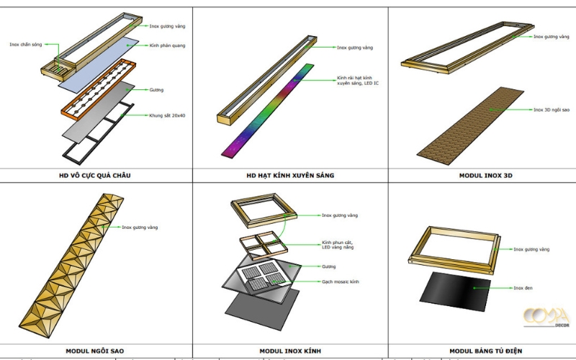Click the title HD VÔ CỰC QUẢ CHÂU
coord(96,175)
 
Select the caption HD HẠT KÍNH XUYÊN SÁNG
coord(289,175)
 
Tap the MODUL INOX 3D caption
coord(482,175)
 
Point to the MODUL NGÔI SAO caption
coord(95,351)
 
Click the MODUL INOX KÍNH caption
coord(290,351)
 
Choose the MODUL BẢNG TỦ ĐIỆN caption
coord(482,351)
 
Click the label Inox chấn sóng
coord(24,45)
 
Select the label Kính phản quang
coord(163,45)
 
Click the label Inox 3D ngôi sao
coord(551,110)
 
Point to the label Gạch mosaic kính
coord(341,282)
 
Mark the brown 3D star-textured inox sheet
coord(475,122)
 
